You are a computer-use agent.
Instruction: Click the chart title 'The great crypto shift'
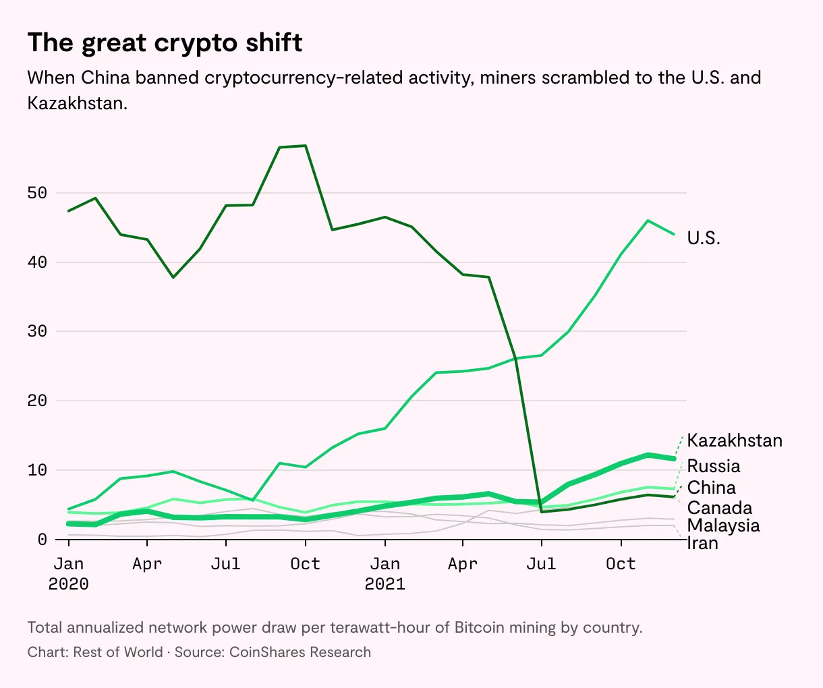[x=165, y=43]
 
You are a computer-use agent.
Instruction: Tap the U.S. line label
[x=704, y=238]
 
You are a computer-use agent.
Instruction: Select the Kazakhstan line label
[x=735, y=441]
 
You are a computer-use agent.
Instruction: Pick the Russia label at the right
[x=713, y=466]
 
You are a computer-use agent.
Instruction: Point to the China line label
[x=711, y=488]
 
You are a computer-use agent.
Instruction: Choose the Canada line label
[x=719, y=508]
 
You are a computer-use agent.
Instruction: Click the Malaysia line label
[x=723, y=525]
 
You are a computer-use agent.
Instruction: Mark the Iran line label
[x=702, y=543]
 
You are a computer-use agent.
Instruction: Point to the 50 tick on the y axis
[x=37, y=193]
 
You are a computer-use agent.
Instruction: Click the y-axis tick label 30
[x=37, y=331]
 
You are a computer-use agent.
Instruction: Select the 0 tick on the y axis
[x=42, y=539]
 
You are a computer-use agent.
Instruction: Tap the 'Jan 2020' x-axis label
[x=68, y=573]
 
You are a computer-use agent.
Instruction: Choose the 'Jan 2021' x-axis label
[x=385, y=573]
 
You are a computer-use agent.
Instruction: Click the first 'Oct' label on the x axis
[x=305, y=563]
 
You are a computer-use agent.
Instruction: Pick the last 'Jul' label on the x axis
[x=541, y=563]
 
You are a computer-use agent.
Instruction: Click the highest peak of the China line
[x=306, y=146]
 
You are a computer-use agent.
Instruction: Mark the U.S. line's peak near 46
[x=648, y=221]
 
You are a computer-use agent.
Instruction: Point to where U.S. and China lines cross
[x=515, y=357]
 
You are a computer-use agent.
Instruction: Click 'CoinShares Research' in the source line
[x=300, y=652]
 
